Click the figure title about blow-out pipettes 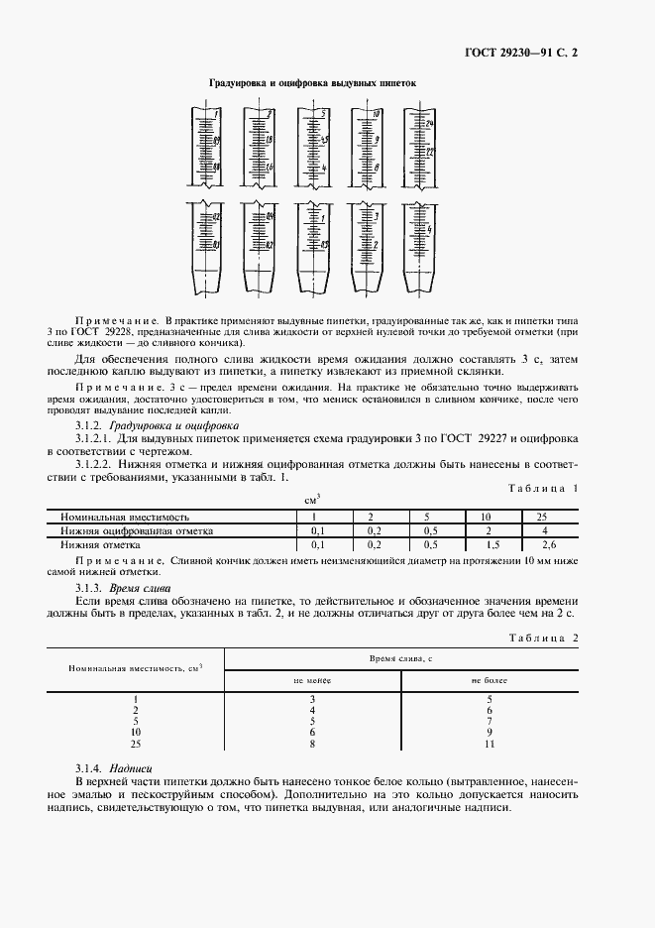click(x=311, y=85)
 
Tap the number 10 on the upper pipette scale click(x=376, y=115)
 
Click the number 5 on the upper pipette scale click(x=323, y=115)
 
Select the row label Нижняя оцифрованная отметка click(x=137, y=531)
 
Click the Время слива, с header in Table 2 click(x=401, y=658)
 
